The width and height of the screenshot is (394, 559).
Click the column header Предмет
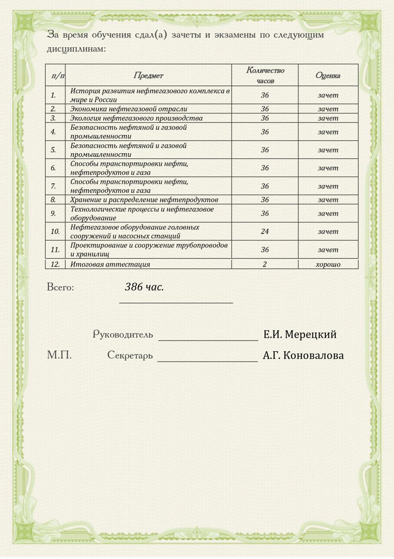(148, 75)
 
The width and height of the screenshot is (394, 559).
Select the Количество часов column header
(265, 75)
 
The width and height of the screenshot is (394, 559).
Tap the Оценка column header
(328, 75)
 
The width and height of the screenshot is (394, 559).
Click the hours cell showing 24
(265, 231)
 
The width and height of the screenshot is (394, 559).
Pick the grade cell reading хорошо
(328, 264)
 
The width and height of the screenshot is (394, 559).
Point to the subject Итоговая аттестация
(110, 264)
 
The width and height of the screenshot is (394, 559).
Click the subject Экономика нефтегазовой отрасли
(129, 109)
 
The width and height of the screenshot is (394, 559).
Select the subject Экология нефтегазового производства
(136, 118)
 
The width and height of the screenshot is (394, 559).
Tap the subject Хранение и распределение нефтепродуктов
(144, 200)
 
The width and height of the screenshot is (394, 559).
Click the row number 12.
(55, 264)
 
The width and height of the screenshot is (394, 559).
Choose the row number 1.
(53, 95)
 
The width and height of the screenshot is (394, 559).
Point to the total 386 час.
(144, 287)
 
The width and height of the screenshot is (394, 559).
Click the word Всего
(60, 287)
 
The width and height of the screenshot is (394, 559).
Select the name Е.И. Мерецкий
(300, 334)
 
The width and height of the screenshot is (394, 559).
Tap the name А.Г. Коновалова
(303, 355)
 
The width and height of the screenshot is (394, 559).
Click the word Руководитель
(123, 334)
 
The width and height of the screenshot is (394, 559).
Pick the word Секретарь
(130, 355)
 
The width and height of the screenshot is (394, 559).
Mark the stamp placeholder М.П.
(59, 355)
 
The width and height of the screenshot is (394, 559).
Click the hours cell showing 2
(265, 264)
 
